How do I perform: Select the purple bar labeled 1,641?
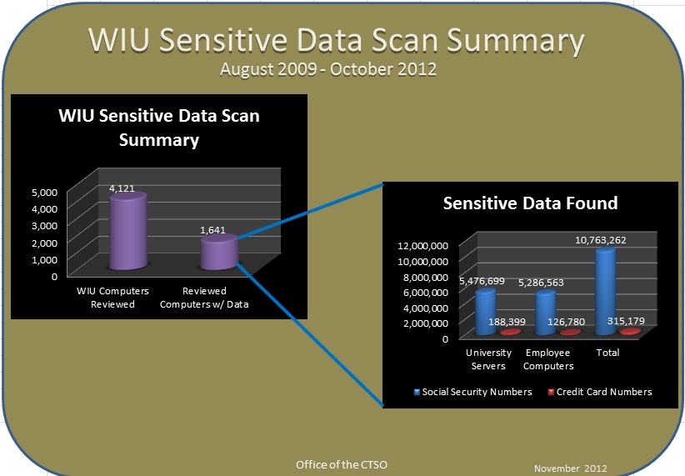[221, 253]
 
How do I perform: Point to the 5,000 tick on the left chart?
[45, 192]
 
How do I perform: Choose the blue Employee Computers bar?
[546, 313]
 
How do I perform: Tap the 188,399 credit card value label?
[512, 322]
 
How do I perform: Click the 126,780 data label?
[572, 322]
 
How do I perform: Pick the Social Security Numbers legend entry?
[472, 391]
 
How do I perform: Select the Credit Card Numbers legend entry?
[599, 391]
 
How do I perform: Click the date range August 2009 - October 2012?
[328, 68]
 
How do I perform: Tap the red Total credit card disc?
[631, 332]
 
